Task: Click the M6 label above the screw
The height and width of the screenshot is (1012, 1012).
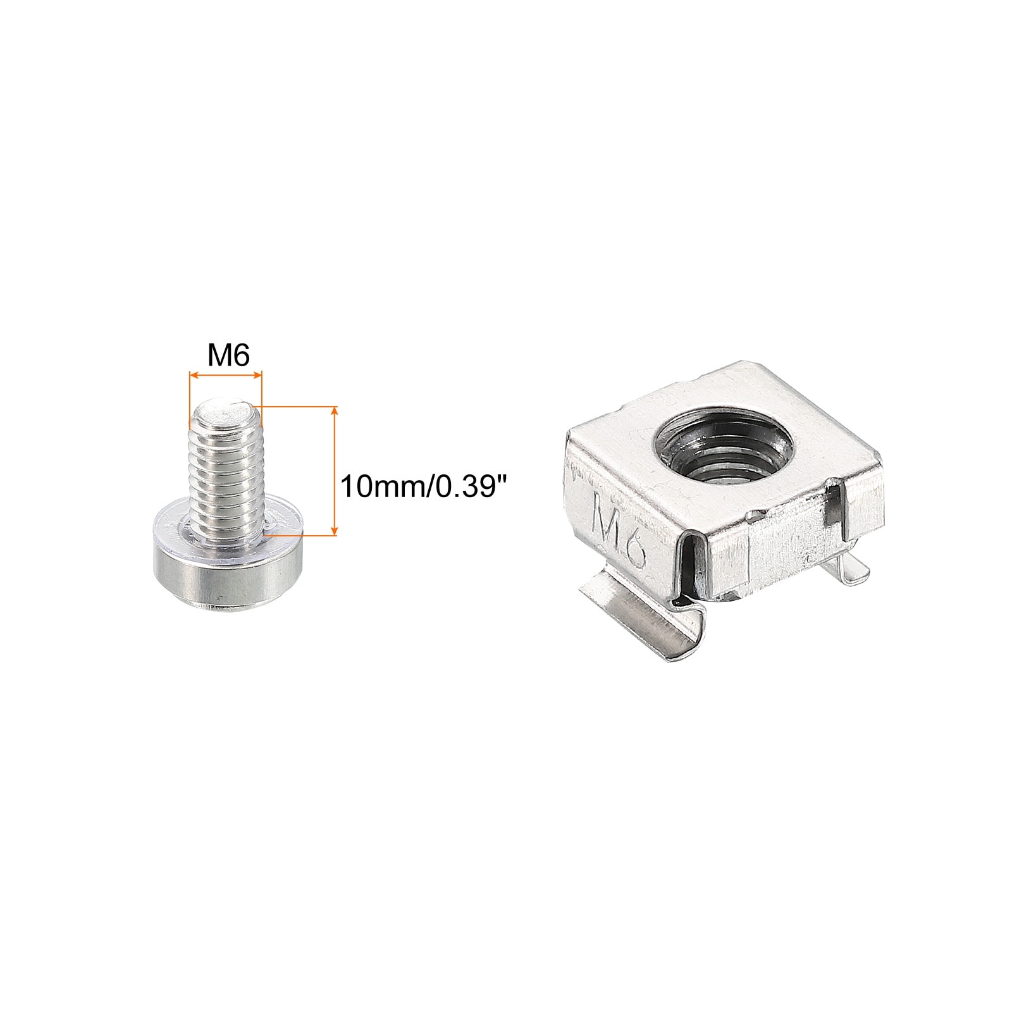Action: [x=229, y=357]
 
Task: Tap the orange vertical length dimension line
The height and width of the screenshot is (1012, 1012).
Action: [x=335, y=471]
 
